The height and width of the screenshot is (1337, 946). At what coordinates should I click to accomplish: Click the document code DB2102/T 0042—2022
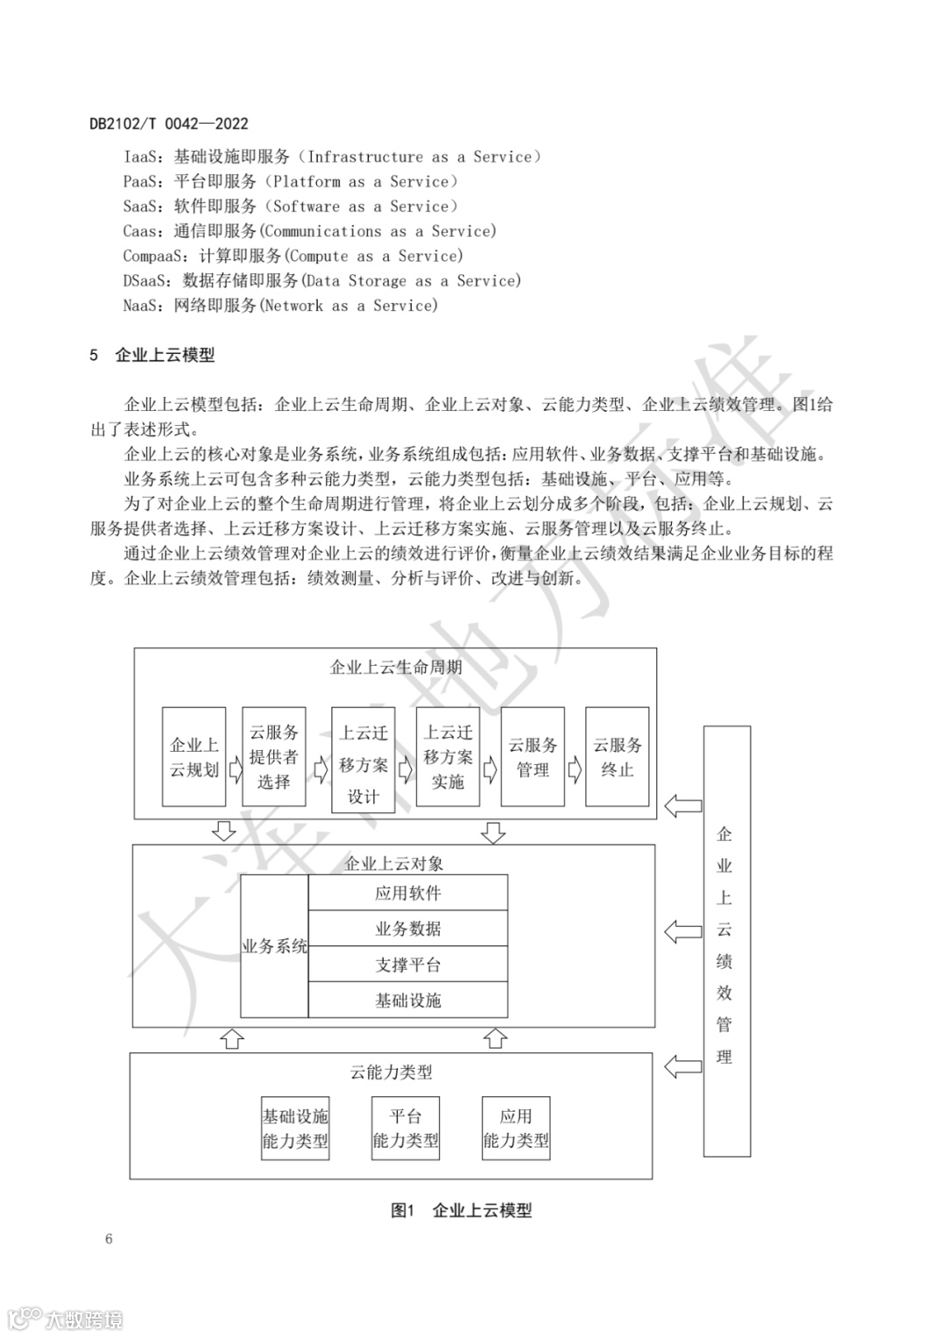coord(169,124)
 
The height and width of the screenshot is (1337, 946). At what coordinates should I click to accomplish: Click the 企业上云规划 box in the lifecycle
coord(194,757)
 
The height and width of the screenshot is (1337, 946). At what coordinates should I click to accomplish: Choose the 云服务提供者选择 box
coord(274,756)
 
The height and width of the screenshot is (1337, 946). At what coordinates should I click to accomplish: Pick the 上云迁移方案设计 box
coord(364,760)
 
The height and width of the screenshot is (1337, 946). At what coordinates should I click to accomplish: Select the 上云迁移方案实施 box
coord(448,756)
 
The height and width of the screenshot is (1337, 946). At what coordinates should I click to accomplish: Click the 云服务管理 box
coord(533,757)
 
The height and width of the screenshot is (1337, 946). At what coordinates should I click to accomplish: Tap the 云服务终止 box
coord(618,757)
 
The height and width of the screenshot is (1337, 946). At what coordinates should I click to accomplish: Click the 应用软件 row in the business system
coord(408,893)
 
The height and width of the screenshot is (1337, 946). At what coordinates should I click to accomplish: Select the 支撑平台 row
coord(408,964)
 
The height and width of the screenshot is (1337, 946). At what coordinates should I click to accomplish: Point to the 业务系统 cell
coord(274,946)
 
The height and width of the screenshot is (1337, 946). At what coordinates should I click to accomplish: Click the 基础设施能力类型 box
coord(295,1128)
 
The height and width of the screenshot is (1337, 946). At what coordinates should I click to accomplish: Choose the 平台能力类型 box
coord(406,1128)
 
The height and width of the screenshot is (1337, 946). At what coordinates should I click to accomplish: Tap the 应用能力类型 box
coord(516,1128)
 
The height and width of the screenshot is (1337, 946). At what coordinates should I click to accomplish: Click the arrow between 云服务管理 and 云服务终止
coord(575,770)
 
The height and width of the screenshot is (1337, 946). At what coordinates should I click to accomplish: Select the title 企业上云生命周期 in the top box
coord(396,667)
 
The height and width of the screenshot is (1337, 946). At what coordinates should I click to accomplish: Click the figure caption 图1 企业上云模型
coord(462,1210)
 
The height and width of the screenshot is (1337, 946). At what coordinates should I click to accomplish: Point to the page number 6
coord(109,1239)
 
